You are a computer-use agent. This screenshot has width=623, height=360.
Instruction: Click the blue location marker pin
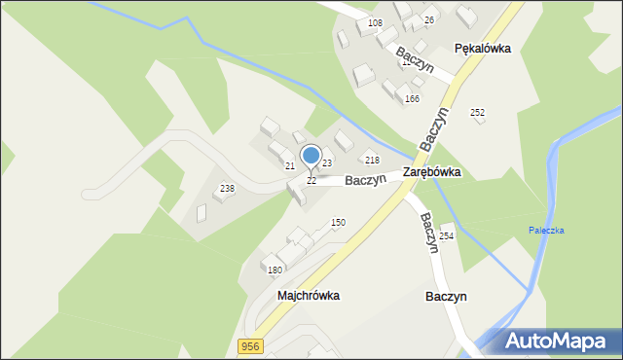click(x=311, y=157)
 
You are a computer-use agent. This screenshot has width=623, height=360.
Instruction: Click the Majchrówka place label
click(x=308, y=295)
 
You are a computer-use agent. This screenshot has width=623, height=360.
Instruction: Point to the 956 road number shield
click(x=250, y=346)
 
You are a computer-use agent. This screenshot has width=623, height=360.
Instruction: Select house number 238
click(x=227, y=189)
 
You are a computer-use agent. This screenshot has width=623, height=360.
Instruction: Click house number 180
click(x=275, y=270)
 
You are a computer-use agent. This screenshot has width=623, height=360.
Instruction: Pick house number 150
click(x=338, y=223)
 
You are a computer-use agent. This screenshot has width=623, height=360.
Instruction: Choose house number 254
click(x=447, y=236)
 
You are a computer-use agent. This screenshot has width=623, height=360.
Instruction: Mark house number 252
click(x=478, y=113)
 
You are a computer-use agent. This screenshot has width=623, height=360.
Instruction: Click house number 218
click(x=372, y=160)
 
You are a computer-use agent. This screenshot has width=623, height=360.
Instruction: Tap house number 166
click(x=412, y=99)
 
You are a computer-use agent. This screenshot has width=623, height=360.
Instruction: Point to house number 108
click(x=376, y=22)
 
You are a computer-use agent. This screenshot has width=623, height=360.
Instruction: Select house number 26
click(x=428, y=19)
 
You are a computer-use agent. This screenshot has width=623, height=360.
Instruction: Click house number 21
click(x=289, y=166)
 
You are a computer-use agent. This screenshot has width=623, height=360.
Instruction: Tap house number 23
click(x=327, y=162)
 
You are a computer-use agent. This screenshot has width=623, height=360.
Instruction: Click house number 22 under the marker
click(x=311, y=181)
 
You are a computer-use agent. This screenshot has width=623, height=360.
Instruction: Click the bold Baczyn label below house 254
click(x=447, y=295)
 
